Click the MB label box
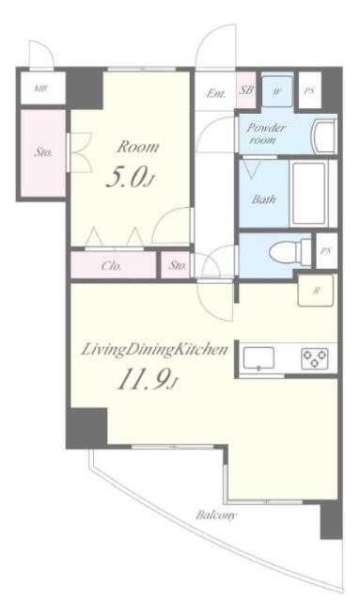[x=40, y=89]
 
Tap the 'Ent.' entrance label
[x=215, y=92]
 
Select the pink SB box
[x=246, y=91]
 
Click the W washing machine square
[x=277, y=92]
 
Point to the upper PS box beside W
[x=309, y=92]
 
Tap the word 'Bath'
[x=263, y=199]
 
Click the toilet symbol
[x=283, y=252]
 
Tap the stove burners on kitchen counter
[x=314, y=358]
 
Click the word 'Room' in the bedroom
[x=136, y=147]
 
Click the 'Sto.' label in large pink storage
[x=42, y=151]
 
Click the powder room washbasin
[x=322, y=136]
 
